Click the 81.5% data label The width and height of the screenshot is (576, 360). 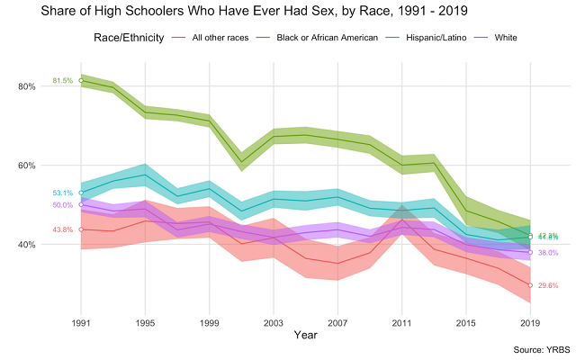(x=63, y=81)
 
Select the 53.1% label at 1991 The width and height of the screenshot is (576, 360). (x=63, y=193)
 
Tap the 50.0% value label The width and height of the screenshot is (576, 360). (x=63, y=205)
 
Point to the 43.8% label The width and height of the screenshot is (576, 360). (x=63, y=229)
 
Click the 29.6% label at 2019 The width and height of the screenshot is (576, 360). (x=548, y=285)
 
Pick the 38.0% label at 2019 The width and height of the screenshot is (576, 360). (x=548, y=253)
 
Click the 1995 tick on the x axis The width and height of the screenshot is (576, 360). (x=145, y=321)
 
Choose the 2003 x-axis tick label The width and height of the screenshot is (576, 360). (x=274, y=321)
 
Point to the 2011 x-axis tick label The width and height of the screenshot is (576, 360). (x=402, y=321)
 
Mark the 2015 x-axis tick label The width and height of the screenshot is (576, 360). (x=466, y=321)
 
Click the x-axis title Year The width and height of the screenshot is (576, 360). (x=306, y=335)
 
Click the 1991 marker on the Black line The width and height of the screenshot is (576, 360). (x=81, y=80)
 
